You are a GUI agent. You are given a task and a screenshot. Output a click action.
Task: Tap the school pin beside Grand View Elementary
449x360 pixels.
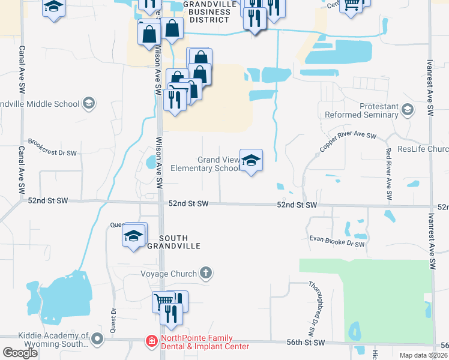tap(252, 160)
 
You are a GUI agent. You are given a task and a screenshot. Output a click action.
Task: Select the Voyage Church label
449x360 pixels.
tap(169, 274)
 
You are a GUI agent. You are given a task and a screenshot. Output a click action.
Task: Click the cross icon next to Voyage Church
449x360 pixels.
tap(206, 274)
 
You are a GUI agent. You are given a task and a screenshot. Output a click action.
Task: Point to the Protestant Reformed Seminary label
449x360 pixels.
tap(362, 110)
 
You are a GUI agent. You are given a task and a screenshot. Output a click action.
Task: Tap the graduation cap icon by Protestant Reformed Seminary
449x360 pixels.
tap(408, 109)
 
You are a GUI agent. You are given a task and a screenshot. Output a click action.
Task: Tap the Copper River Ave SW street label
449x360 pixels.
tap(348, 142)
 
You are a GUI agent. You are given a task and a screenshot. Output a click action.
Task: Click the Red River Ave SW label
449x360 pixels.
tap(388, 173)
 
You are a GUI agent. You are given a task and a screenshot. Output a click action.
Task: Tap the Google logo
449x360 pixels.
tap(19, 353)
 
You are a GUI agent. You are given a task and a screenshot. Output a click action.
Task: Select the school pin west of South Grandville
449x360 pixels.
tap(134, 235)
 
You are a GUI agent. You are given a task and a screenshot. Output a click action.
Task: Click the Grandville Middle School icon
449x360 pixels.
tap(89, 103)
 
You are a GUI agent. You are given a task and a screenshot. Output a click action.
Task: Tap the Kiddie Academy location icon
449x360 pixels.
tap(97, 340)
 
